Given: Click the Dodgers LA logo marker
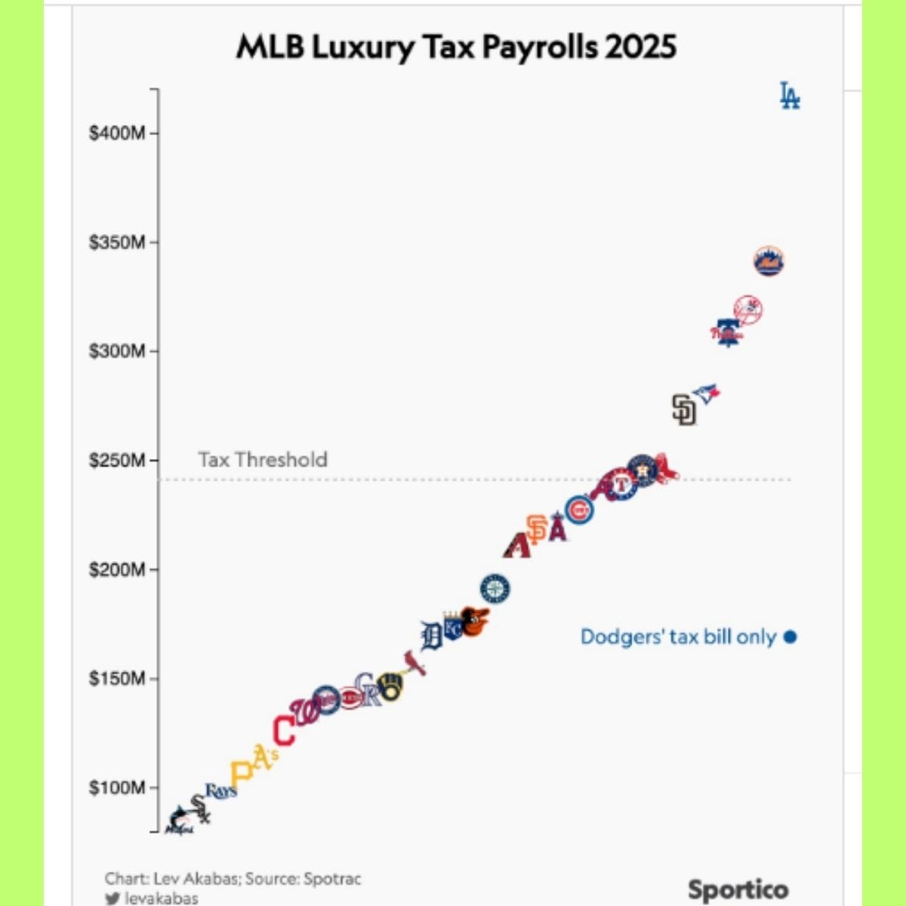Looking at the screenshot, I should point(790,96).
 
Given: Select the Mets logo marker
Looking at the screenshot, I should point(769,261).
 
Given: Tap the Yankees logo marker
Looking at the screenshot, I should point(748,310).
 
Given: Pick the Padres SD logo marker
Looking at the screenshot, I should point(684,409).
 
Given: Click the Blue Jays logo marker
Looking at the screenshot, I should point(707,393).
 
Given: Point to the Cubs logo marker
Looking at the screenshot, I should point(579,511).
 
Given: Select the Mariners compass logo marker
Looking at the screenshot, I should point(495,589).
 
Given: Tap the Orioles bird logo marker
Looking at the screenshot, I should point(475,621).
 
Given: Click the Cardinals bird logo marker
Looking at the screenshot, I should point(414,663).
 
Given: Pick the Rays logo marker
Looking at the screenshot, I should point(221,791).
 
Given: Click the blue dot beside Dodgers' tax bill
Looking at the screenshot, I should point(790,636).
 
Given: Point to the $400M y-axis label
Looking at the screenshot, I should point(117,134).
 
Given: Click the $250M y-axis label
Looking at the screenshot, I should point(117,461).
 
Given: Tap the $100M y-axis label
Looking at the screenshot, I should point(117,788).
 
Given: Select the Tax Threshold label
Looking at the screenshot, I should point(263,460).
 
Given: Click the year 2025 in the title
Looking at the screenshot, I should point(640,47).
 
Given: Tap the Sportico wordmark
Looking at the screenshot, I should point(738,890).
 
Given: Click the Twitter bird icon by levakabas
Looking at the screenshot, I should point(112,898).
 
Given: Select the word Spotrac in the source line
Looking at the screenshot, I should point(332,879).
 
